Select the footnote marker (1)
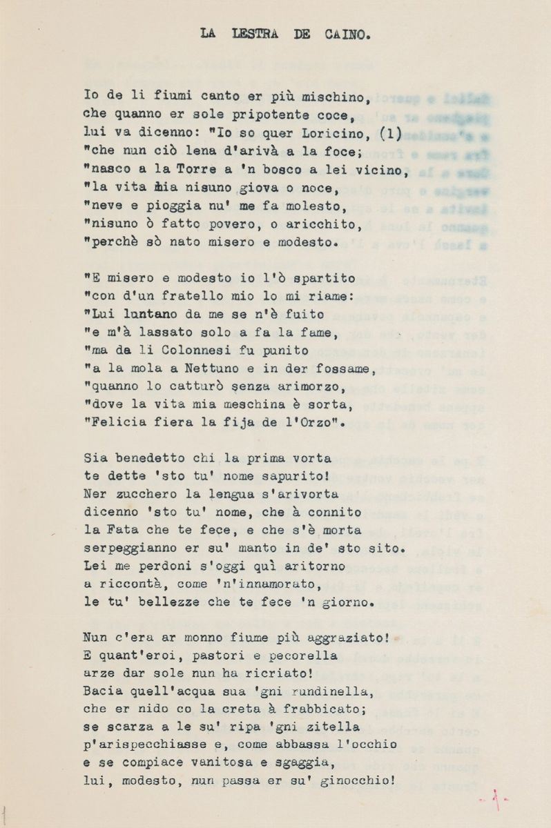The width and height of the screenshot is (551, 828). point(389,132)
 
